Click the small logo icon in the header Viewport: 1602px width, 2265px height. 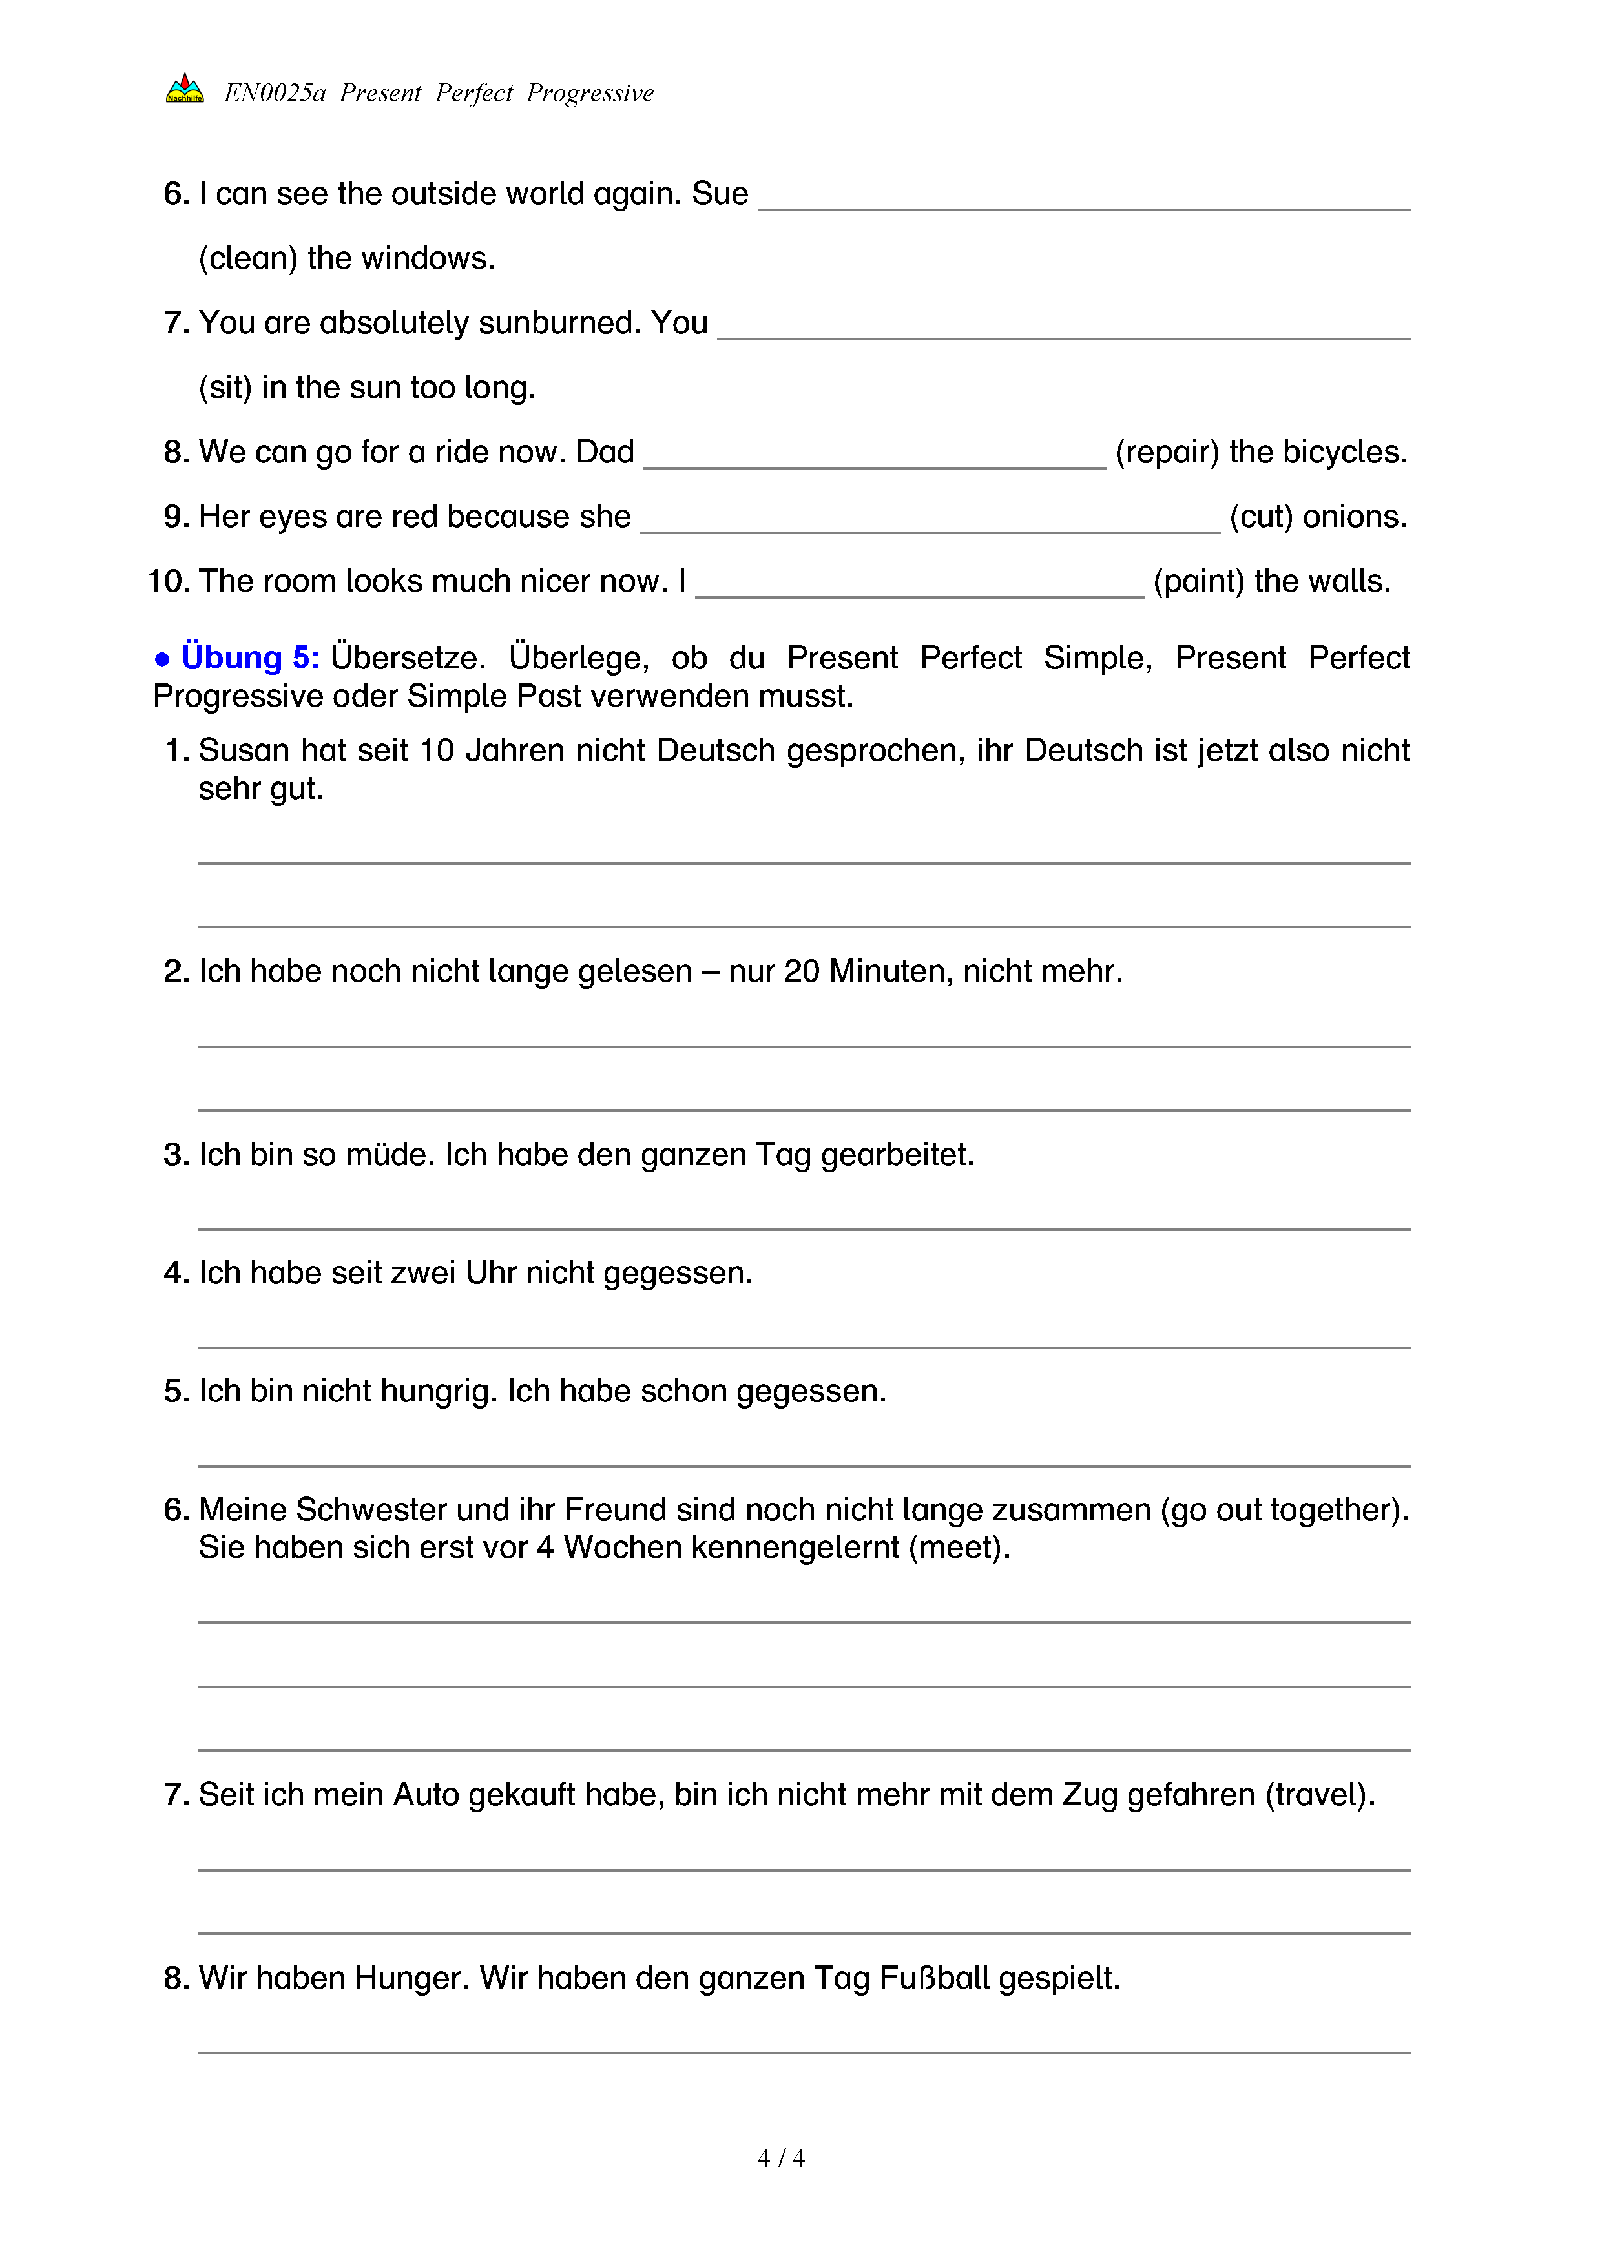pos(185,88)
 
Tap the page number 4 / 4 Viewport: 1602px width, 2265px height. pos(780,2158)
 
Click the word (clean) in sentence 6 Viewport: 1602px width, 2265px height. pos(247,258)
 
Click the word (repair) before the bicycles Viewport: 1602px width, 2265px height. pos(1167,452)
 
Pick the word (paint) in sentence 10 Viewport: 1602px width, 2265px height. pos(1198,581)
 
